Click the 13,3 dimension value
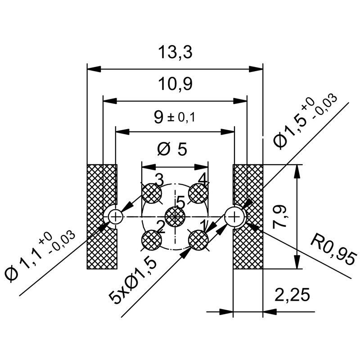[x=175, y=53]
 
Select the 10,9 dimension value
[x=175, y=84]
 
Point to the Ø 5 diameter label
[x=172, y=149]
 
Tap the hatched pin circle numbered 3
[x=152, y=194]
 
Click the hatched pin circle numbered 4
[x=198, y=194]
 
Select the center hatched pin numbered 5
[x=175, y=217]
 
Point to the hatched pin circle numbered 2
[x=152, y=240]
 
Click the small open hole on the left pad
[x=116, y=217]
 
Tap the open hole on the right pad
[x=234, y=217]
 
